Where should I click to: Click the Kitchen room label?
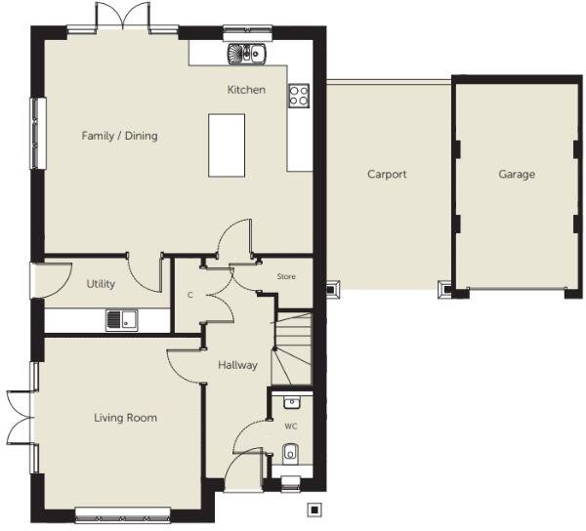tap(246, 90)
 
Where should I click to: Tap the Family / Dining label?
tap(119, 136)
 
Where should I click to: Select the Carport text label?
tap(387, 175)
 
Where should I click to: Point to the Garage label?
tap(517, 175)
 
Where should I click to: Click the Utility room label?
tap(101, 284)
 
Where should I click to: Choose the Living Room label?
tap(125, 418)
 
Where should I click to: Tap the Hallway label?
tap(237, 365)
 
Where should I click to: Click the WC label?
tap(292, 427)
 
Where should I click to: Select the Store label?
tap(286, 277)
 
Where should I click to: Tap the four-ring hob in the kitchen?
tap(299, 96)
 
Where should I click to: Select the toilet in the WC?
tap(290, 453)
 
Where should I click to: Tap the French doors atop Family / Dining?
tap(122, 20)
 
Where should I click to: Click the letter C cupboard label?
tap(189, 294)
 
